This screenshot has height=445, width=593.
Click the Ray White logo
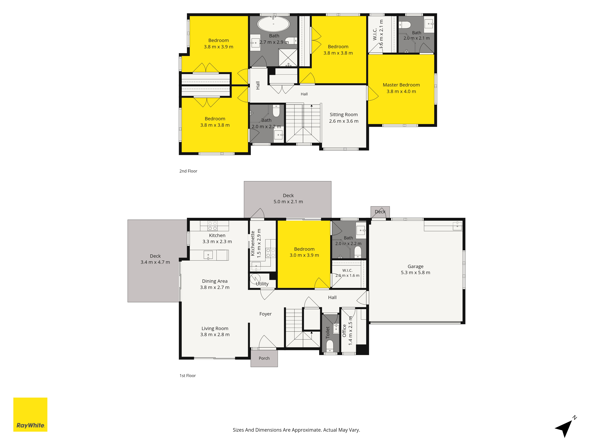[30, 414]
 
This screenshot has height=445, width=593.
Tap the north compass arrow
[565, 427]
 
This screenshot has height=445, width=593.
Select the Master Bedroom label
[401, 85]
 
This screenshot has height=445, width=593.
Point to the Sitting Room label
[344, 115]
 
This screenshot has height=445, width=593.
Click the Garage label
[416, 266]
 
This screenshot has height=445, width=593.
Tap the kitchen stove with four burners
[213, 226]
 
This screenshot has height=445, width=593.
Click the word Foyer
[265, 314]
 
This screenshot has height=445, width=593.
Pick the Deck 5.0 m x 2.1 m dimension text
[288, 202]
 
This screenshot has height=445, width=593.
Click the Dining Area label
[215, 281]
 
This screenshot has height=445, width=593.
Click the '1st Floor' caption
[188, 376]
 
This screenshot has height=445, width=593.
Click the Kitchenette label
[252, 243]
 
